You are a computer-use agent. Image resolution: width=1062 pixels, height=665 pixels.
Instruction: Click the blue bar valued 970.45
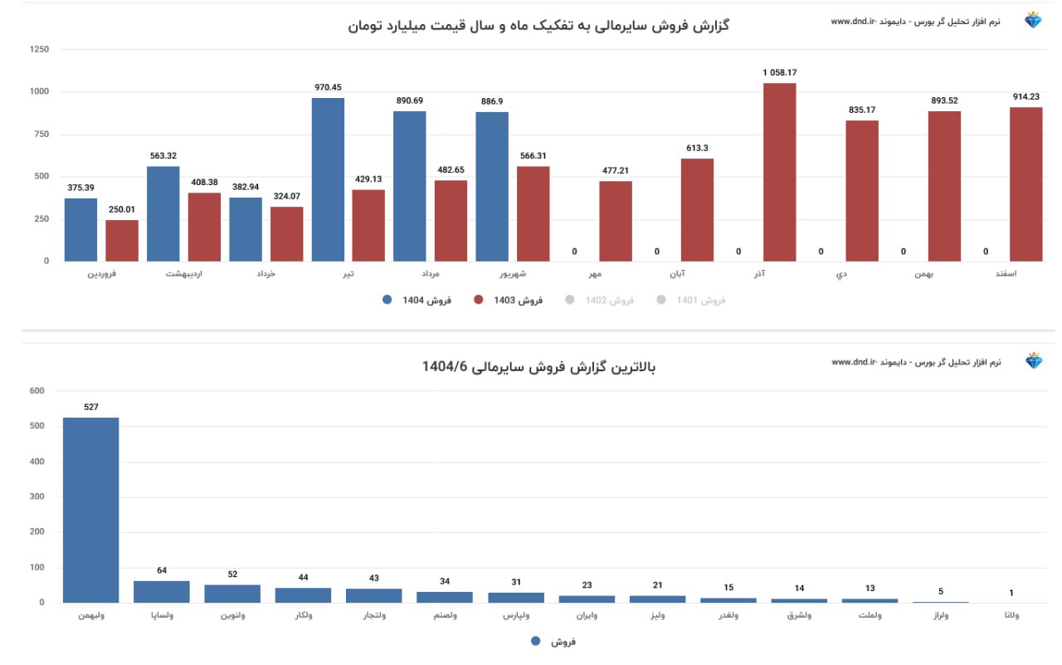tap(328, 179)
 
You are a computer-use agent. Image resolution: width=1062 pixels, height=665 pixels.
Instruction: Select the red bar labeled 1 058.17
tap(779, 172)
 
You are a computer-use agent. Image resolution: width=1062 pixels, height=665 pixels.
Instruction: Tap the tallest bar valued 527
tap(91, 510)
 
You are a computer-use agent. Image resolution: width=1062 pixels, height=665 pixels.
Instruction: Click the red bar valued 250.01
tap(122, 240)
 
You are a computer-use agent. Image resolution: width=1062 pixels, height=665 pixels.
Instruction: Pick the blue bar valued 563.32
tap(163, 213)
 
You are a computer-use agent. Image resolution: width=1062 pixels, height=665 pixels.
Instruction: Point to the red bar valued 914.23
tap(1025, 184)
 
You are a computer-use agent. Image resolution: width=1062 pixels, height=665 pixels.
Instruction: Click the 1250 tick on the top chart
tap(39, 50)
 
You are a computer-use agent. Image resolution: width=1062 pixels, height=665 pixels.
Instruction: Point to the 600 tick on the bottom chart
tap(37, 390)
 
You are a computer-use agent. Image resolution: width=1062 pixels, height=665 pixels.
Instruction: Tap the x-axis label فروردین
tap(102, 273)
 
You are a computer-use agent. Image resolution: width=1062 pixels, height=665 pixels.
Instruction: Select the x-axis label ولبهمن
tap(91, 615)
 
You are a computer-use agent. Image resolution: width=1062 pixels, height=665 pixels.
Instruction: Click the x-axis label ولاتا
tap(1011, 615)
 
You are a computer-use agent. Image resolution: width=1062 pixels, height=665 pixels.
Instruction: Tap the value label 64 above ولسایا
tap(162, 570)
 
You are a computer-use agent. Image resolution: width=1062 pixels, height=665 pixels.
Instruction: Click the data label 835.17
tap(862, 110)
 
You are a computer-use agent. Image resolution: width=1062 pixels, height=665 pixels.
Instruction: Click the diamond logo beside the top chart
tap(1033, 21)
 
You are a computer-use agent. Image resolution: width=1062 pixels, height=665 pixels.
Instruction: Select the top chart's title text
tap(538, 26)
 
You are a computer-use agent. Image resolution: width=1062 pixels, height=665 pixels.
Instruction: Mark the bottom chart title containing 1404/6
tap(538, 366)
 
